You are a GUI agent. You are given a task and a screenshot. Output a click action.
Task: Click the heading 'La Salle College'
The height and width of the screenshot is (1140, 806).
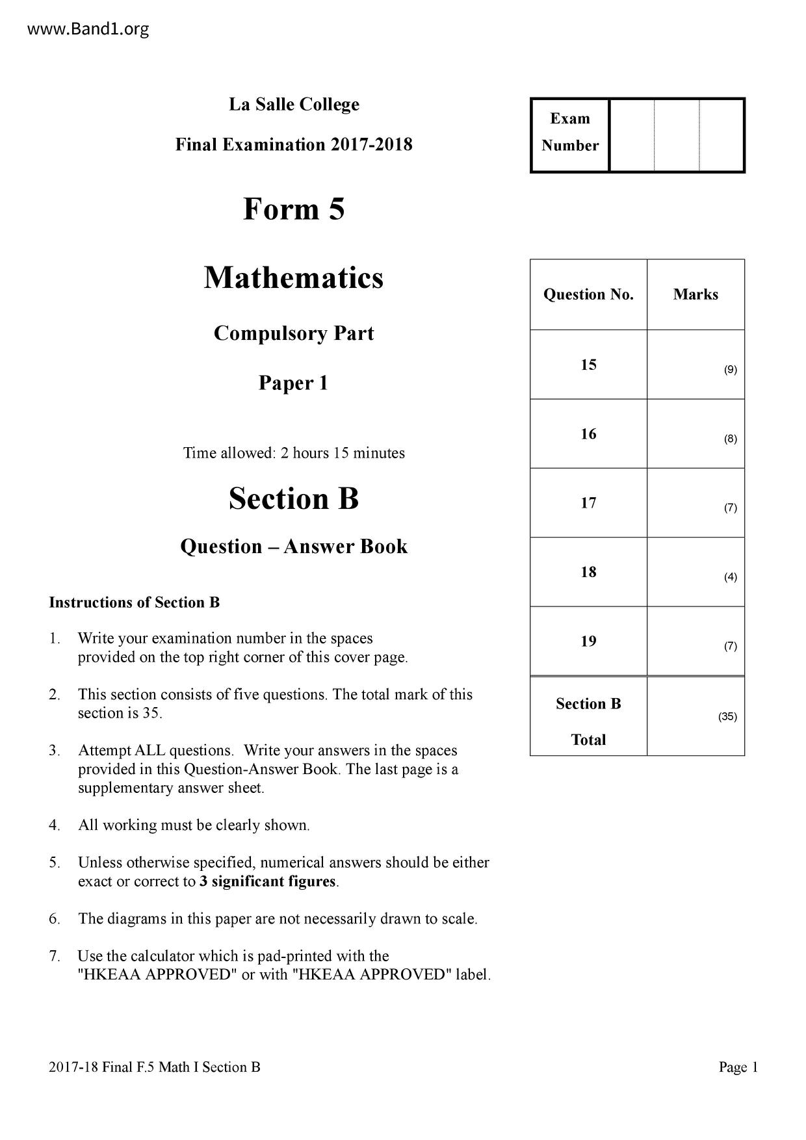coord(294,105)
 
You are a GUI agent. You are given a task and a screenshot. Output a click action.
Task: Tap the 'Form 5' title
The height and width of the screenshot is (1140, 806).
coord(294,209)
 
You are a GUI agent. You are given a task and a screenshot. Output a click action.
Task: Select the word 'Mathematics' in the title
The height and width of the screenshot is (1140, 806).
coord(294,278)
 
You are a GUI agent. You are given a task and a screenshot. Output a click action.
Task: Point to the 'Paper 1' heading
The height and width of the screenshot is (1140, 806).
coord(294,383)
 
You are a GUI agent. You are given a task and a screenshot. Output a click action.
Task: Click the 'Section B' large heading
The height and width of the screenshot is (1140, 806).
coord(294,499)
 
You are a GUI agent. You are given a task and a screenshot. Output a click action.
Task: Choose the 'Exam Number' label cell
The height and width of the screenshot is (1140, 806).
coord(570,132)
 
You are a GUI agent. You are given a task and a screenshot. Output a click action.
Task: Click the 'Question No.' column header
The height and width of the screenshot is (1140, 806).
coord(588,294)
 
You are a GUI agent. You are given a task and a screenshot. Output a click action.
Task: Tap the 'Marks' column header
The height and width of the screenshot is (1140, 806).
coord(695,294)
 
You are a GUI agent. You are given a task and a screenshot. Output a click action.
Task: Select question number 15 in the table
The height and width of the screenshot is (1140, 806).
coord(588,365)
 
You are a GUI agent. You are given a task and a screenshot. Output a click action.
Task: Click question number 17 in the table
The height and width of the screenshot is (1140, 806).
coord(588,503)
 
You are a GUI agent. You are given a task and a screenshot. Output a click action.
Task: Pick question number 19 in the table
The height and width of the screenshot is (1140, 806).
coord(588,641)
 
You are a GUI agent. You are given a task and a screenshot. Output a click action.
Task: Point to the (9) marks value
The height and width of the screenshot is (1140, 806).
coord(731,370)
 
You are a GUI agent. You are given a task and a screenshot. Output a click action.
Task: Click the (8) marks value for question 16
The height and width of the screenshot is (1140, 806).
coord(731,439)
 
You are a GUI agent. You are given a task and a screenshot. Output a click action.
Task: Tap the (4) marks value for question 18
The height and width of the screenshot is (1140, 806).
coord(731,577)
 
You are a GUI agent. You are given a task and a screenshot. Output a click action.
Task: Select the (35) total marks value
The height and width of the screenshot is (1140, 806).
coord(727,717)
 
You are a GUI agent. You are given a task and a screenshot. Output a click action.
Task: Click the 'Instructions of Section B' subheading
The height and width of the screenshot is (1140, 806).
coord(135,602)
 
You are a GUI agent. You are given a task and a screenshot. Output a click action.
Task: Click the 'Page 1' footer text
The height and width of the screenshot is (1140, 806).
coord(738,1067)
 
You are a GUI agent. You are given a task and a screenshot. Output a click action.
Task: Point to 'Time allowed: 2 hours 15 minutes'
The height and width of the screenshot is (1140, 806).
coord(294,453)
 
